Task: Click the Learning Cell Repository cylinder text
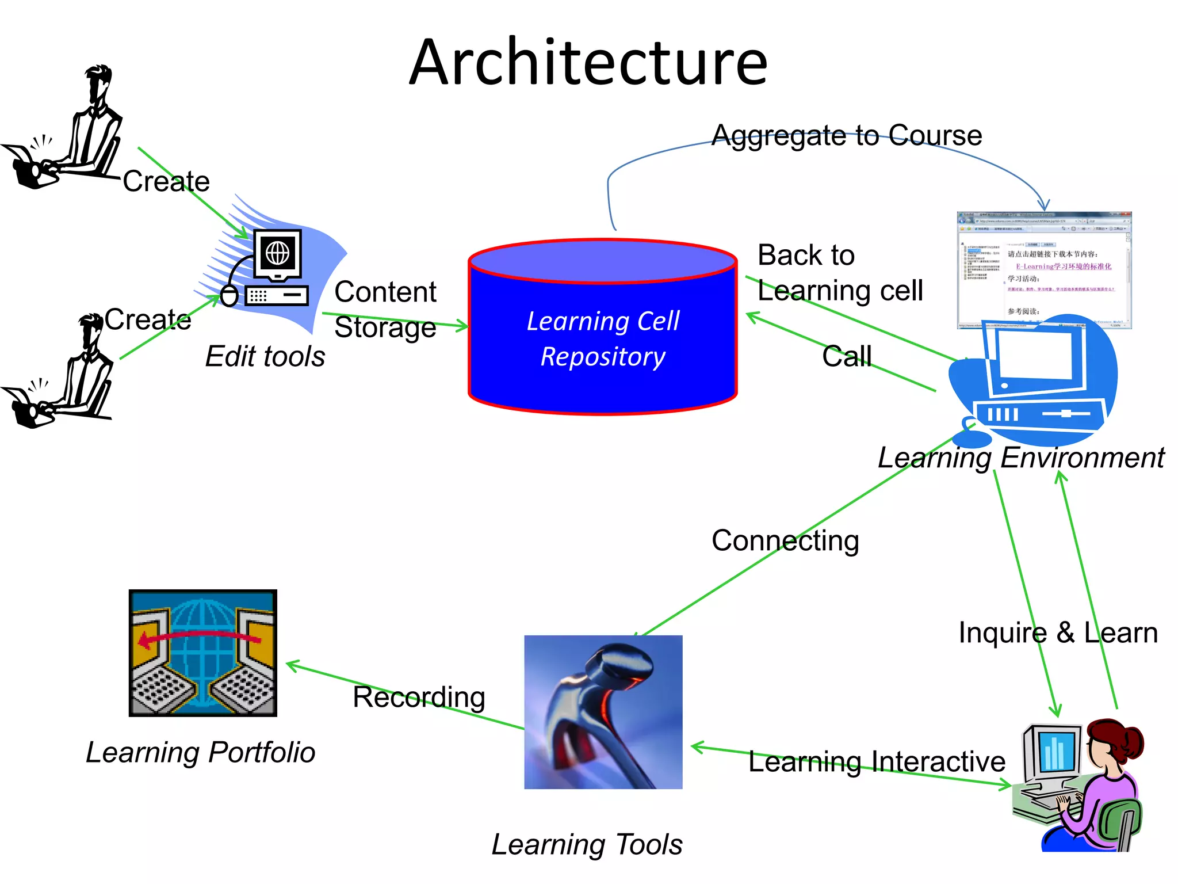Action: pyautogui.click(x=603, y=338)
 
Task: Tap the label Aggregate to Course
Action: pyautogui.click(x=846, y=136)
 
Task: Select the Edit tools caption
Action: pyautogui.click(x=265, y=356)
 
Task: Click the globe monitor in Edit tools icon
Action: pyautogui.click(x=278, y=253)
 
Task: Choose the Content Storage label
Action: pyautogui.click(x=385, y=309)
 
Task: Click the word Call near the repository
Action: pyautogui.click(x=847, y=356)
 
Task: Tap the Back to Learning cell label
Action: pyautogui.click(x=839, y=273)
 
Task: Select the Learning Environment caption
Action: pyautogui.click(x=1020, y=458)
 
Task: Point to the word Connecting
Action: pyautogui.click(x=785, y=541)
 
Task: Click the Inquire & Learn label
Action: pyautogui.click(x=1057, y=632)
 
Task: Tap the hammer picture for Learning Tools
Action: pyautogui.click(x=603, y=712)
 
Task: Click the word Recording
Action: pyautogui.click(x=419, y=697)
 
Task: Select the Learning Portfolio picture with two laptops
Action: pyautogui.click(x=202, y=653)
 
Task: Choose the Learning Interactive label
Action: pyautogui.click(x=876, y=761)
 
